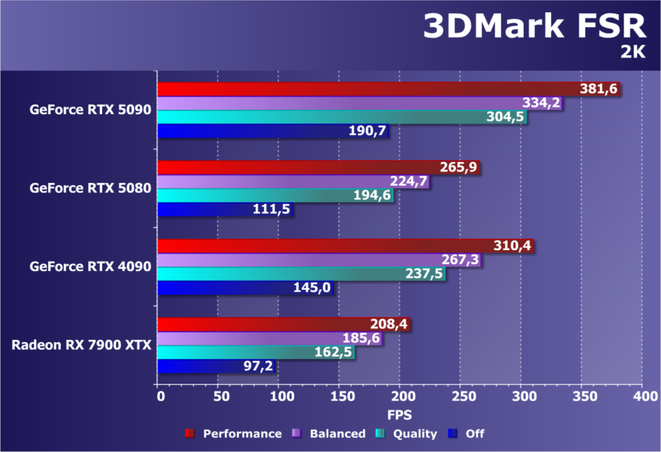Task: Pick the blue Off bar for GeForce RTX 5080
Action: click(x=220, y=209)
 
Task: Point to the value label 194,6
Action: click(x=372, y=196)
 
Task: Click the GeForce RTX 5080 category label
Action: click(x=90, y=188)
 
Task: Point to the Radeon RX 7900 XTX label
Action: click(x=82, y=346)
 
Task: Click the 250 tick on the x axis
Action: click(x=459, y=396)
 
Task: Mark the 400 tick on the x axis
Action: click(x=642, y=396)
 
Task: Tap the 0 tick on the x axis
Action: click(x=160, y=396)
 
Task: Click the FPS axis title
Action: click(x=399, y=415)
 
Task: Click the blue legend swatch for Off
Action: click(x=453, y=434)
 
